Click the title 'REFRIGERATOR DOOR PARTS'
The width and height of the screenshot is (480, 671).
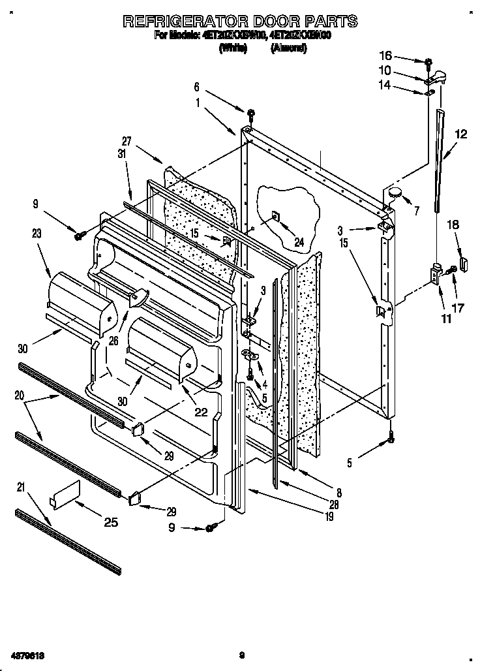240,21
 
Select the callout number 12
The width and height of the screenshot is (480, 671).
460,135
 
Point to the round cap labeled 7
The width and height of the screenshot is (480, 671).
396,192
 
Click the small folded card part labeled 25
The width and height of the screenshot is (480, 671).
65,493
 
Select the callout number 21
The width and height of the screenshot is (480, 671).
22,486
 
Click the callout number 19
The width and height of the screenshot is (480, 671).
331,518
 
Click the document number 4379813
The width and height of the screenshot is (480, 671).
26,655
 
